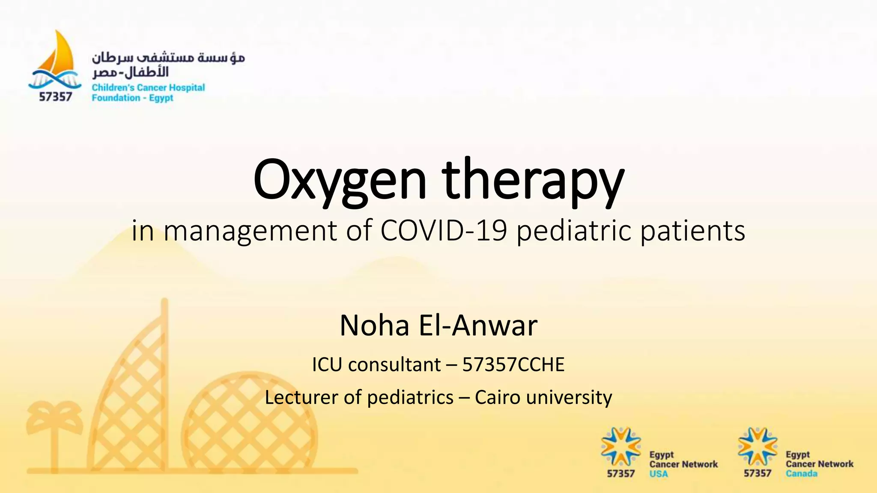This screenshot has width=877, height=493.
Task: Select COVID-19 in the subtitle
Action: coord(443,231)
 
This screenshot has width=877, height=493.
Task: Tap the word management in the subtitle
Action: coord(251,231)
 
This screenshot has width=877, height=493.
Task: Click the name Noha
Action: coord(375,326)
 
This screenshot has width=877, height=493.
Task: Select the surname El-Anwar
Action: coord(477,326)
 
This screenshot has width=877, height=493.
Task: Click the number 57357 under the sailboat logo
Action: coord(55,97)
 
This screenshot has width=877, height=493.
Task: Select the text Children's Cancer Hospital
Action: coord(148,88)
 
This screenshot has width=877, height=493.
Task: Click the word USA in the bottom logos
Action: coord(658,474)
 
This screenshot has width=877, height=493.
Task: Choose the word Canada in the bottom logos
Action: coord(801,474)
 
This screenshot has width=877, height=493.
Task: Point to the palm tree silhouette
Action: coord(54,432)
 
